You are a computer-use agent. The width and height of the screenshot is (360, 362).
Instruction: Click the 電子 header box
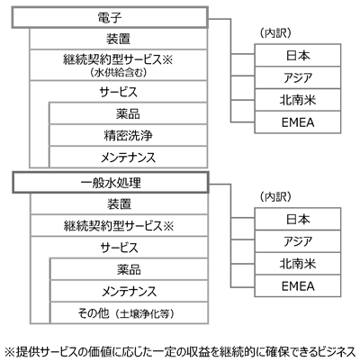(110, 18)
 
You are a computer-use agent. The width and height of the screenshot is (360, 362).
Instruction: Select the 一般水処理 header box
(111, 183)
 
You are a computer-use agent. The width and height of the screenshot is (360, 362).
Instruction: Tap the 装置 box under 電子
(119, 39)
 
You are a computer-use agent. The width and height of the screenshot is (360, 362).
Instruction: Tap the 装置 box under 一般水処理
(119, 204)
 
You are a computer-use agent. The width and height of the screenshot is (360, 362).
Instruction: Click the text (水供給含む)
(119, 72)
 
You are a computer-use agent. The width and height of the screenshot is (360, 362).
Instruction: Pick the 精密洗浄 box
(128, 135)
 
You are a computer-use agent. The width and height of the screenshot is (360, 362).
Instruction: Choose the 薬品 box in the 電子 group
(128, 113)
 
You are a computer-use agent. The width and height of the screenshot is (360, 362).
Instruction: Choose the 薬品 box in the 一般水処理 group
(129, 269)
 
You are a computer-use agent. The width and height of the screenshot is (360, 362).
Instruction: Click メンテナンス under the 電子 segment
(128, 157)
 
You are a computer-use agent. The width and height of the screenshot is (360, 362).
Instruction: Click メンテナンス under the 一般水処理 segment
(129, 291)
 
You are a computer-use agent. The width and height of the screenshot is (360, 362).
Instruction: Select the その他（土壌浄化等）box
(129, 313)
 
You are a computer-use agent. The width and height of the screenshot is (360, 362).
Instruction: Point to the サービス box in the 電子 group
(119, 92)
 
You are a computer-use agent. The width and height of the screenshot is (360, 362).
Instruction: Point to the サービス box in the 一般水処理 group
(119, 248)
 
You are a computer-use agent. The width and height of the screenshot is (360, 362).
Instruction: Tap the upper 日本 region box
(298, 56)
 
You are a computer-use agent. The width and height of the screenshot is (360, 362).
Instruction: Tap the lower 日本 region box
(298, 219)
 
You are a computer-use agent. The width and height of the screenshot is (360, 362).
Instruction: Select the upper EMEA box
(298, 122)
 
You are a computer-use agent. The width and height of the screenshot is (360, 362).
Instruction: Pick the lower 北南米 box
(298, 264)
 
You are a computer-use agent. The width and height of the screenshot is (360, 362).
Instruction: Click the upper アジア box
(298, 77)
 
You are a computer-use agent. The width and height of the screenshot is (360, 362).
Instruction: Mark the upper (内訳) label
(275, 33)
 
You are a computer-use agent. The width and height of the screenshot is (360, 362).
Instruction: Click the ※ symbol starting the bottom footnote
(10, 352)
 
